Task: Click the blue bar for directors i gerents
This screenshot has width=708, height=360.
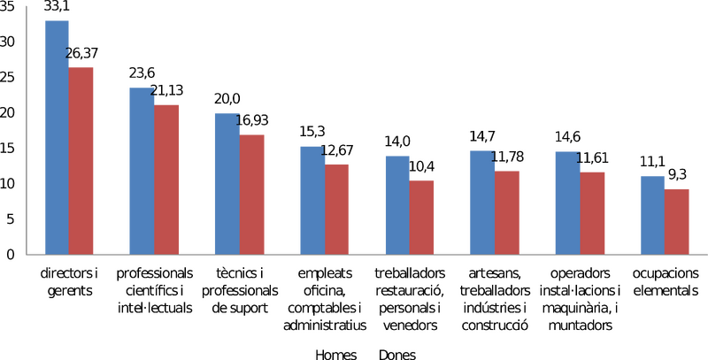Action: pos(57,138)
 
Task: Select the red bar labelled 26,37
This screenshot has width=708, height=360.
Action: pos(81,161)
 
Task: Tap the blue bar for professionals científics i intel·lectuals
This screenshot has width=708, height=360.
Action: pos(142,171)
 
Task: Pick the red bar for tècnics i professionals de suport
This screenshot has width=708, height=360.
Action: pos(251,195)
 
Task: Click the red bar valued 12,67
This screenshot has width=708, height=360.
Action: pos(336,210)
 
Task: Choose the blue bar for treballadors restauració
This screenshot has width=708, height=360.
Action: pos(397,205)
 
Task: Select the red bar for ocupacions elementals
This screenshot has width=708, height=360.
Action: pos(677,222)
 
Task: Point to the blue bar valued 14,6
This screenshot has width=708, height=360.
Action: pos(567,203)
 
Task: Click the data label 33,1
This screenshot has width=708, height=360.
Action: pos(57,6)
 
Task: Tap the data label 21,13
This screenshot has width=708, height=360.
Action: pos(166,90)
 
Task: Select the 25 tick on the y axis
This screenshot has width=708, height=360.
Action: pos(8,78)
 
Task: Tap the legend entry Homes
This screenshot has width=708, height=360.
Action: pos(336,355)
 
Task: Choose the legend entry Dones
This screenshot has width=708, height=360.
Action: pos(397,355)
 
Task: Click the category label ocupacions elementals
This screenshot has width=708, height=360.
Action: pos(666,282)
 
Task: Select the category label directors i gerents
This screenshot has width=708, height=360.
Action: pos(70,282)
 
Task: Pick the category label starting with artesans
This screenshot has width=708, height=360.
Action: pos(496,299)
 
